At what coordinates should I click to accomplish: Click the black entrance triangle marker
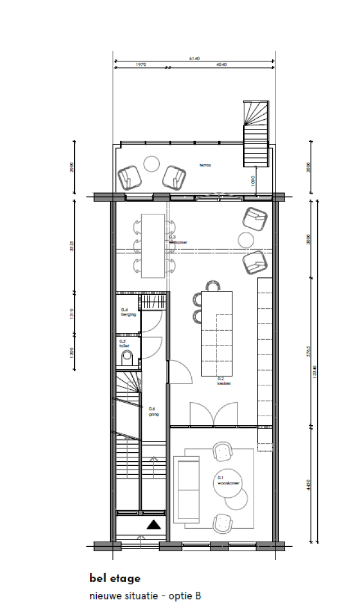tap(154, 525)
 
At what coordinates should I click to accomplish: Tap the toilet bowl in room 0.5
tap(128, 356)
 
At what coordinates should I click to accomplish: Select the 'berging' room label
tap(128, 314)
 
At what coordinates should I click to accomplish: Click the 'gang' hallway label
tap(153, 414)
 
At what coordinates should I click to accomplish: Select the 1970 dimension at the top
tap(141, 65)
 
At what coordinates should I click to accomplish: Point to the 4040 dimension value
tap(221, 65)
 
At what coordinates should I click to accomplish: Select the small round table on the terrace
tap(152, 164)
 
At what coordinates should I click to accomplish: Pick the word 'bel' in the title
tap(98, 578)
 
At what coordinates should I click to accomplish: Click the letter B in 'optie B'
tap(197, 596)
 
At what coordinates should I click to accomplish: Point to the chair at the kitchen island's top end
tap(212, 286)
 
